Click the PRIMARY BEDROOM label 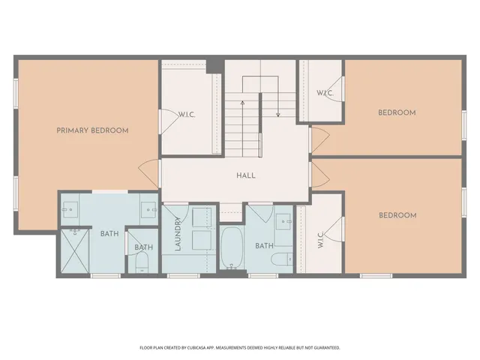(92, 130)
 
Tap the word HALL (245, 175)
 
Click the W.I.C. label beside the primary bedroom (187, 115)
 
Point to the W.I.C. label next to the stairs (325, 93)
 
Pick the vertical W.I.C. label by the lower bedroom (320, 239)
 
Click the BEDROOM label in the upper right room (397, 112)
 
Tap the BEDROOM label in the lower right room (397, 215)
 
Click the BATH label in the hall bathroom (264, 245)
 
